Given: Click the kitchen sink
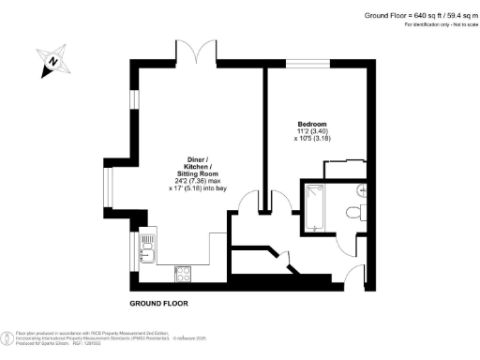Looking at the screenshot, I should click(147, 248).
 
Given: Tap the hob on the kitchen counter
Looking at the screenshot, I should click(184, 274).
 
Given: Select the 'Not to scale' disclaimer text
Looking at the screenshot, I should click(457, 23).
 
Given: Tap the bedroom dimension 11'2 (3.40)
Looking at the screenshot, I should click(313, 131).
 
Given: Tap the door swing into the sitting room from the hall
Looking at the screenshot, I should click(251, 202).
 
